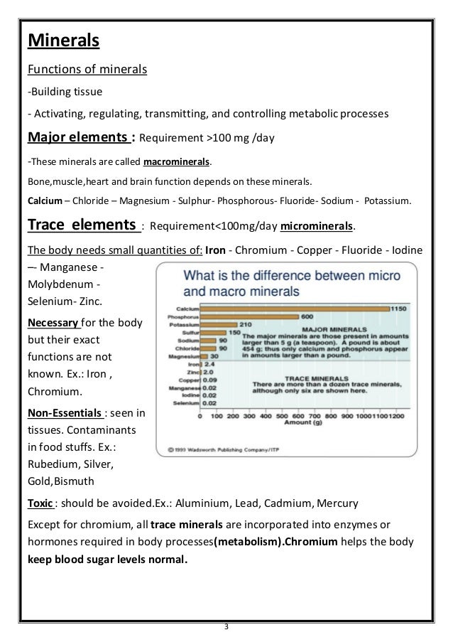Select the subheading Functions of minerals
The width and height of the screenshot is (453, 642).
87,69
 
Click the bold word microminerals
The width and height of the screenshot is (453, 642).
317,227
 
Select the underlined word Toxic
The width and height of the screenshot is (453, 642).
40,503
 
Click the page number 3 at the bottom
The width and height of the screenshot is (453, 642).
226,626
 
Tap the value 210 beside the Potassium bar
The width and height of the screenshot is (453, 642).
226,325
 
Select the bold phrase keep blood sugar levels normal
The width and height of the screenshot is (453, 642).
107,558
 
